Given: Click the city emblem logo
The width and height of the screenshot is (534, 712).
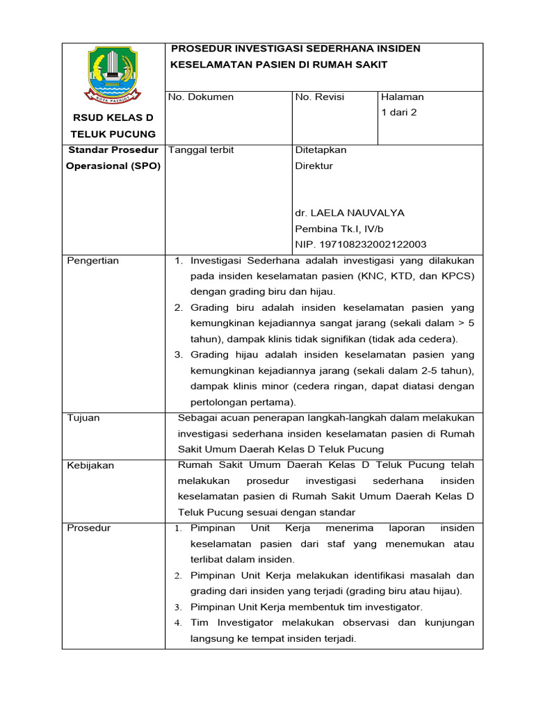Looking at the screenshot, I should tap(113, 74).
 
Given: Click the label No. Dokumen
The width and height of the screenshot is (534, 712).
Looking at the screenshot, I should tap(202, 97).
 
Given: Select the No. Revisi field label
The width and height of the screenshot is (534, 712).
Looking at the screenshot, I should tap(320, 97).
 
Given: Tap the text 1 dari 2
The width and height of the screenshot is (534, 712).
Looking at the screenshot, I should tap(399, 112).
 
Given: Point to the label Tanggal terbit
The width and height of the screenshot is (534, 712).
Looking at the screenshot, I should tap(202, 149).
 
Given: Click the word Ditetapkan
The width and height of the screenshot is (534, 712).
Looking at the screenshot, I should tap(321, 149).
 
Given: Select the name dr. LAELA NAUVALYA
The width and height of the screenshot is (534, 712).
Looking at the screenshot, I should tap(350, 213).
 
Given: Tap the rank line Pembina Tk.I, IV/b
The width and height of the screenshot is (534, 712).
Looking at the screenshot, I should tap(339, 229).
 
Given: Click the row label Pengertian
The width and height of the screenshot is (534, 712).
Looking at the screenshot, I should tap(92, 261).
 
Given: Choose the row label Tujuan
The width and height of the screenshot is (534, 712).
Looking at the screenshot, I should tap(83, 418).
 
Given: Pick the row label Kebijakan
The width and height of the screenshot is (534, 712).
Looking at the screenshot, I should tap(90, 465).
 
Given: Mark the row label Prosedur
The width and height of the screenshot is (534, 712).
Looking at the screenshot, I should tap(88, 528).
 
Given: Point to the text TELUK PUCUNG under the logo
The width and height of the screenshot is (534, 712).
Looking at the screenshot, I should tap(113, 133).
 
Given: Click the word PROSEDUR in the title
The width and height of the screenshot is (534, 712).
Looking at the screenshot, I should tap(201, 49).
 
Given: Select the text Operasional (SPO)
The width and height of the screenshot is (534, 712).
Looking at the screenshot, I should tap(113, 165).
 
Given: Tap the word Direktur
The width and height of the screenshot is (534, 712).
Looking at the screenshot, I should tap(314, 165).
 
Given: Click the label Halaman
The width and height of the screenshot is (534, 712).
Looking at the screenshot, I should tap(403, 97).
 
